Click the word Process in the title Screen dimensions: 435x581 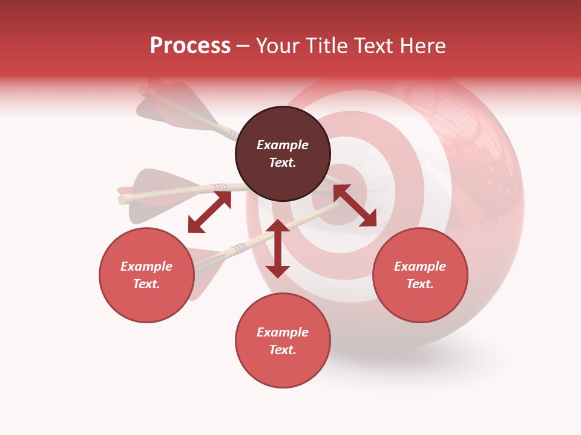(190, 46)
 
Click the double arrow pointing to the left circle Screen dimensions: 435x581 (209, 212)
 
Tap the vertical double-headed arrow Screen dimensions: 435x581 (278, 248)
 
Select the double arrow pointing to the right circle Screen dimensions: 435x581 (355, 205)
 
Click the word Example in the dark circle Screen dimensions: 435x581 (283, 145)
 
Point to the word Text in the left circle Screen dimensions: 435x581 (146, 284)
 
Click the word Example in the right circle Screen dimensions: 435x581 (420, 266)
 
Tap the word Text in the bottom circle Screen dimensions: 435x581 (283, 350)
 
